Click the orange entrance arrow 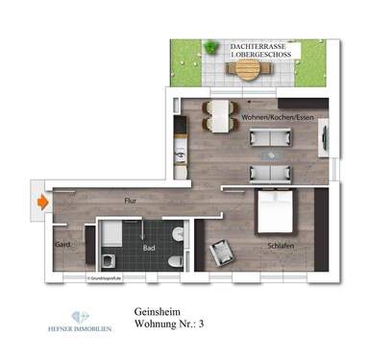tap(41, 203)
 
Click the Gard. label tap(62, 244)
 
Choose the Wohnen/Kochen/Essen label tap(279, 117)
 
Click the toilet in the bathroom tap(173, 259)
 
